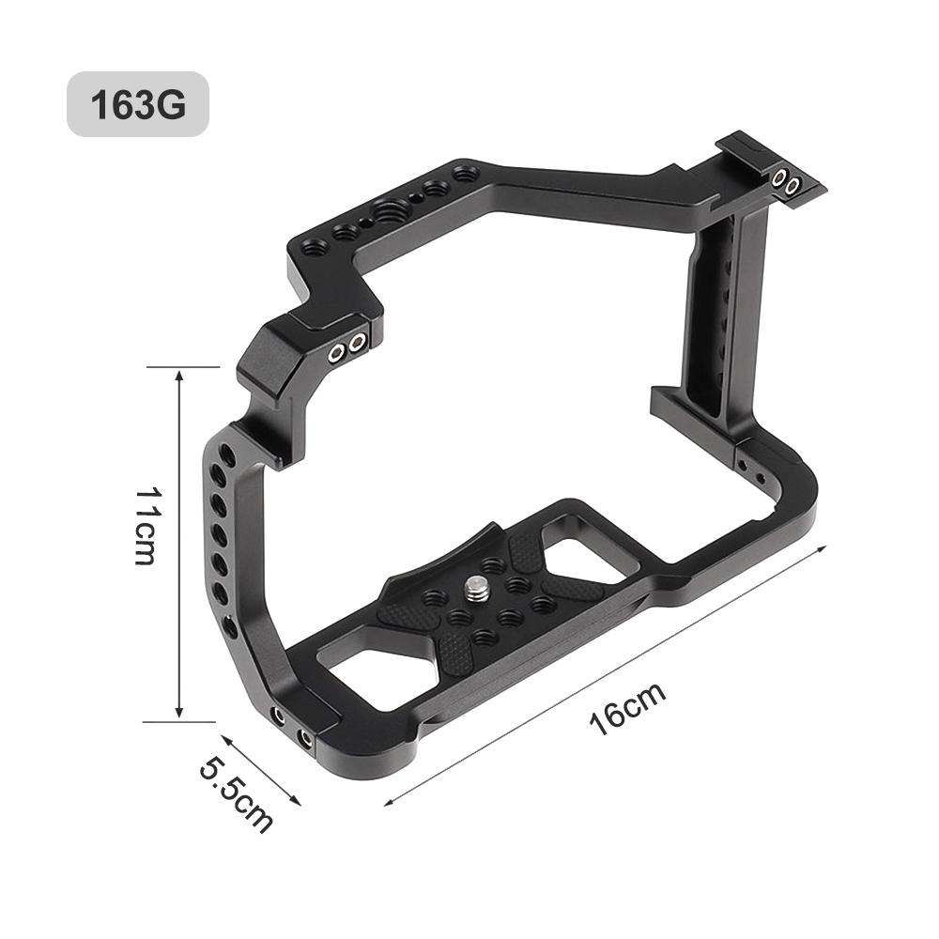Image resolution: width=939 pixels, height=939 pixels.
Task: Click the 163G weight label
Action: click(x=137, y=104)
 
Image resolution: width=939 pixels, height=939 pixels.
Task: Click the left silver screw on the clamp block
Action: click(x=335, y=353)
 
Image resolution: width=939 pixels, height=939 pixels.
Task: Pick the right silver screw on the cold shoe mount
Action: click(x=793, y=186)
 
